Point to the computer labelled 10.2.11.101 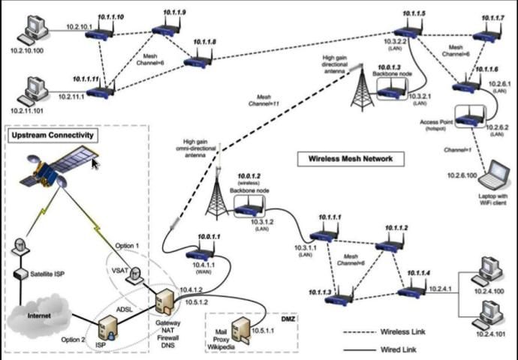(x=33, y=91)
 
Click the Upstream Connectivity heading (x=52, y=135)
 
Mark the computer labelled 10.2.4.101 (x=488, y=311)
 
